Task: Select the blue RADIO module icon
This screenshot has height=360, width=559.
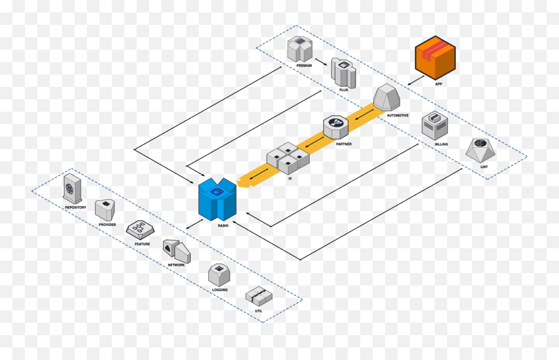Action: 217,199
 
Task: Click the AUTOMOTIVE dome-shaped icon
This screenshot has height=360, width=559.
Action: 388,97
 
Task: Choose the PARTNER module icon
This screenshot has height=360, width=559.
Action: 336,127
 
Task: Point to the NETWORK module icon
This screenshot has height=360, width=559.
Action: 176,250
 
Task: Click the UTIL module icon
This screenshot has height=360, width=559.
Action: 256,295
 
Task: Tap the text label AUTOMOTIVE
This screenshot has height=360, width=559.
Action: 398,115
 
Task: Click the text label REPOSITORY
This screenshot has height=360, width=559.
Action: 75,207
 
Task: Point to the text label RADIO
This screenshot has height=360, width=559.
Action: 223,225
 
